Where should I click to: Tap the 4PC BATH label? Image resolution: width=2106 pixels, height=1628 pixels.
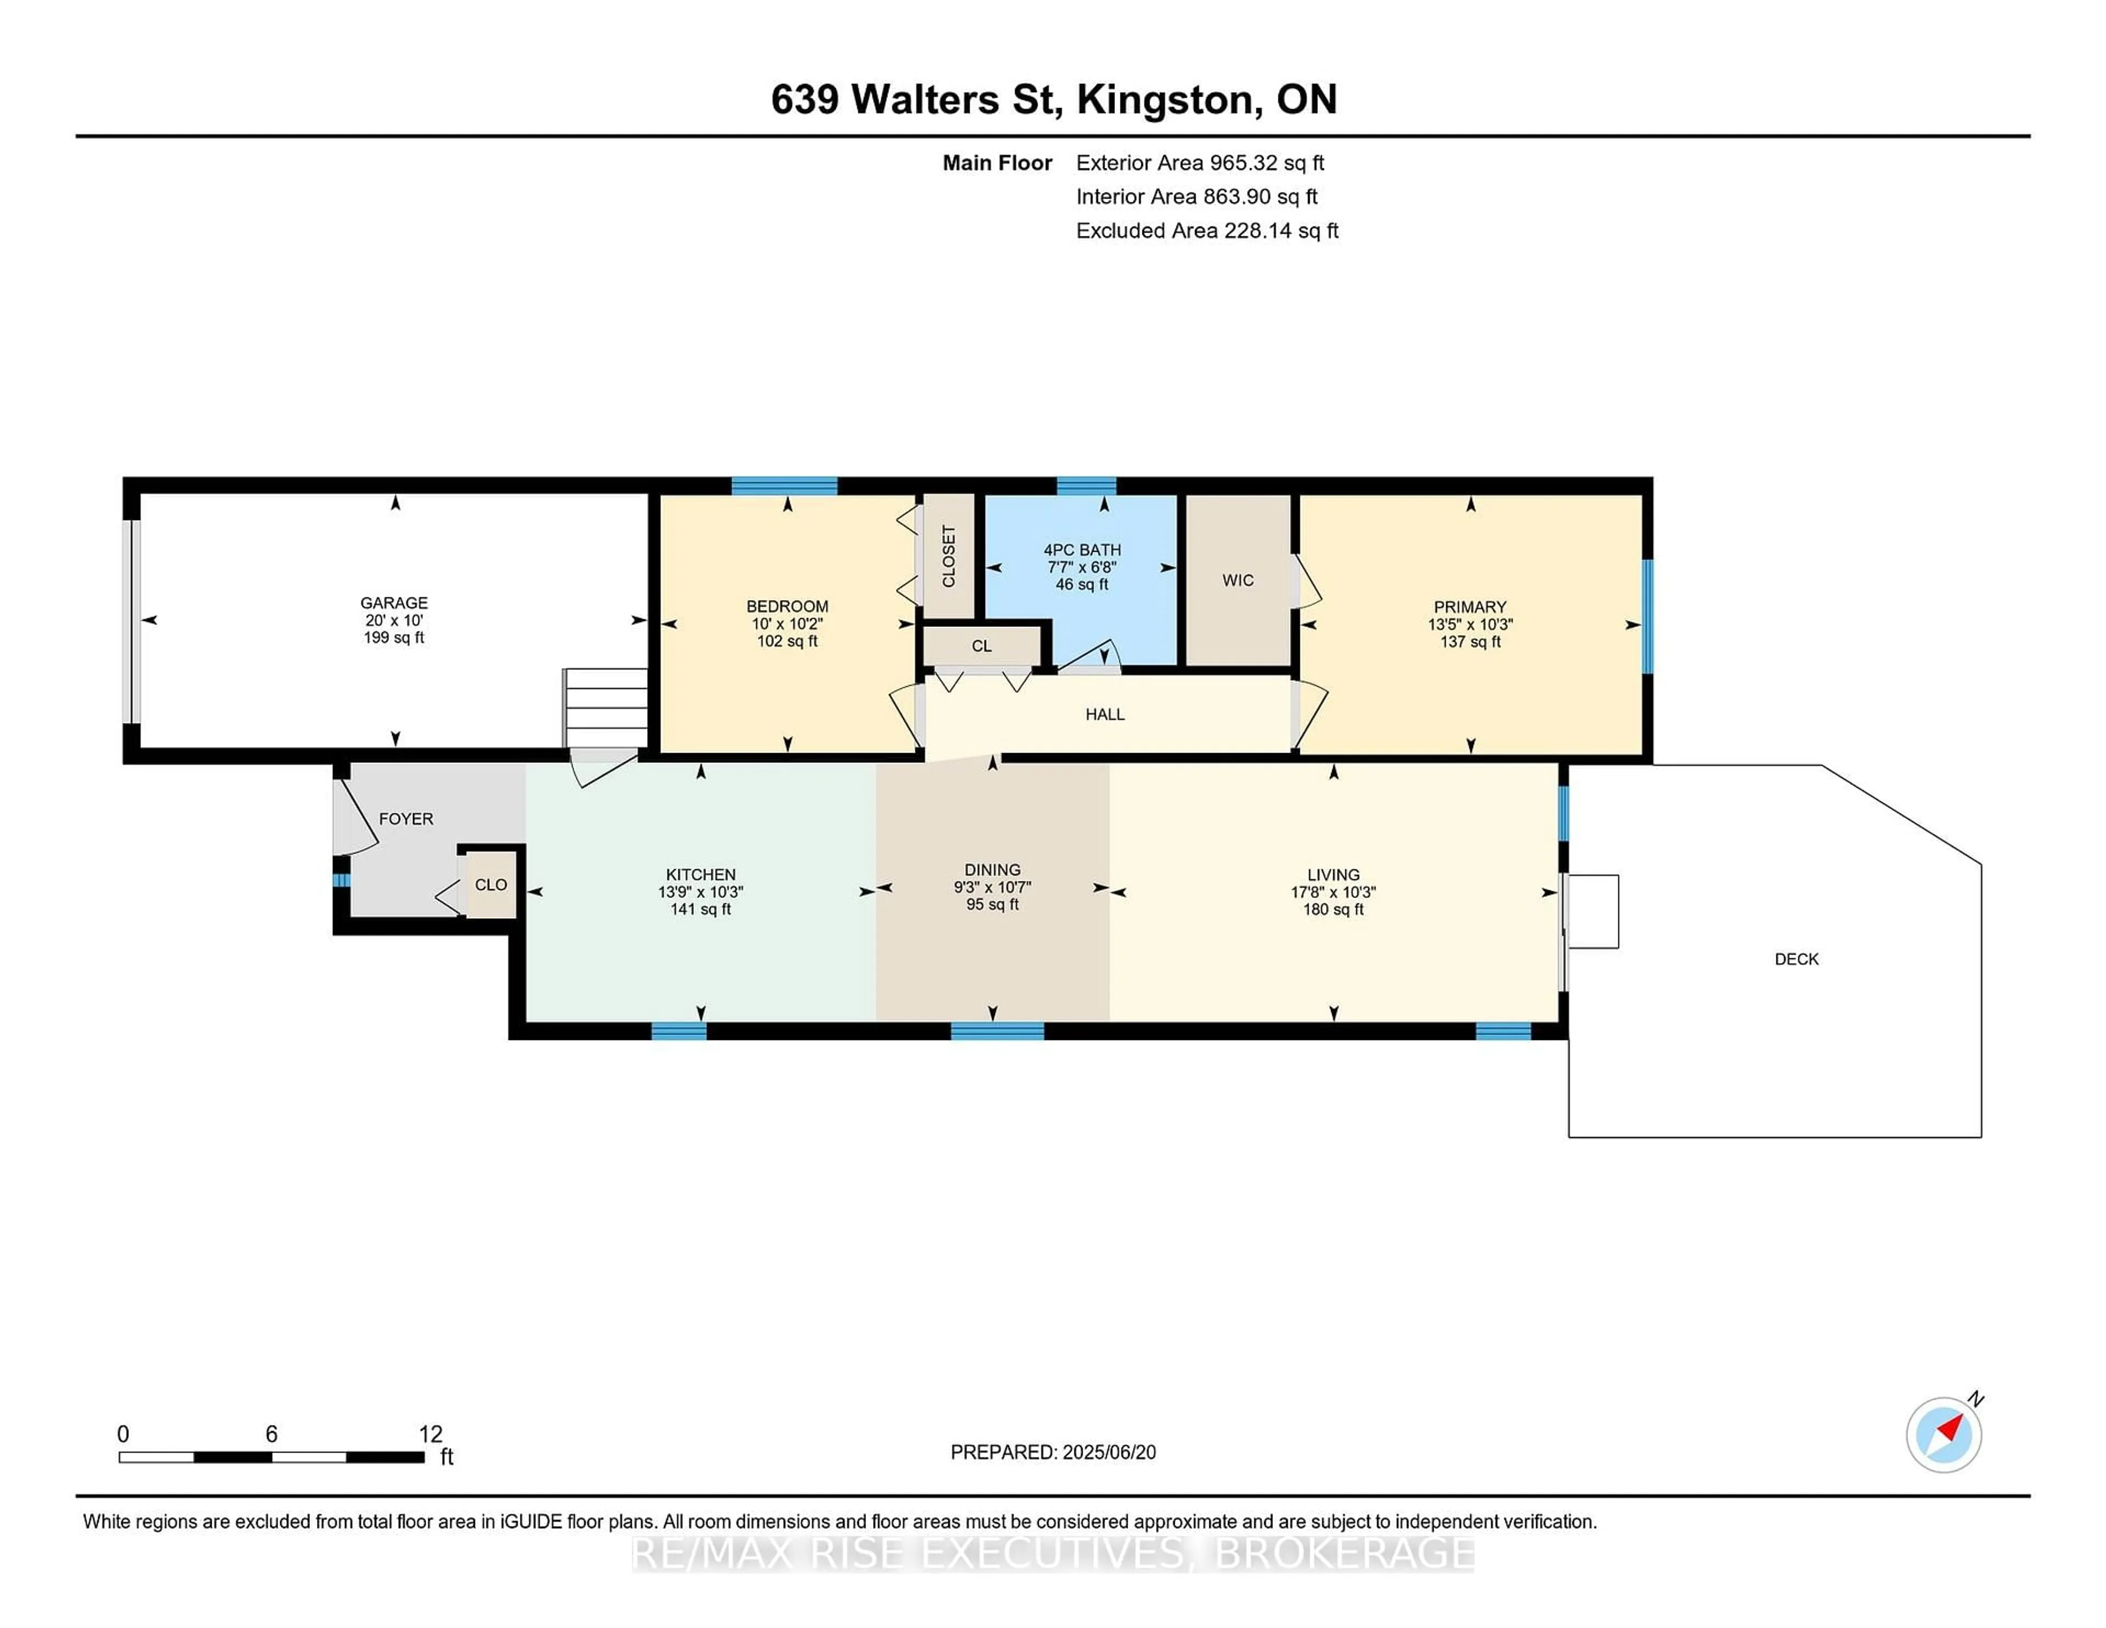coord(1082,550)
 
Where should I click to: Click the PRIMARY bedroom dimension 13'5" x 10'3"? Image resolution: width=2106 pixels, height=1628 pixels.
coord(1470,624)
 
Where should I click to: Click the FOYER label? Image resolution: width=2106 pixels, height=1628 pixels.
coord(406,819)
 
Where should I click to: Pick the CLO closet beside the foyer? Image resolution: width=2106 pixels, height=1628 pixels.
coord(491,884)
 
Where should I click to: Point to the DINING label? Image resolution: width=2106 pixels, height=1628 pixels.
coord(992,870)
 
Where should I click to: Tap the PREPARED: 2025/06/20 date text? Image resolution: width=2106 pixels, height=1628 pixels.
coord(1053,1451)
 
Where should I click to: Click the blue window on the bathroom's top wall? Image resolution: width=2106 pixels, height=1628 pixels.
coord(1086,485)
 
